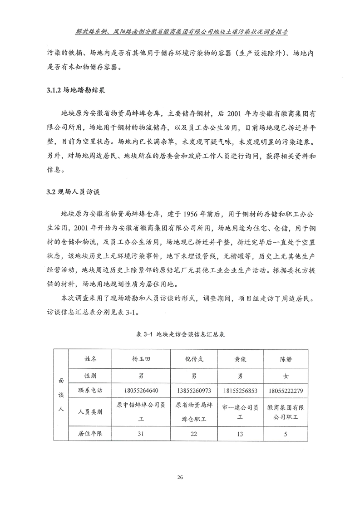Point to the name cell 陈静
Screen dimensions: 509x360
[286, 360]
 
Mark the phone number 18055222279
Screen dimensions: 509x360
[286, 391]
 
